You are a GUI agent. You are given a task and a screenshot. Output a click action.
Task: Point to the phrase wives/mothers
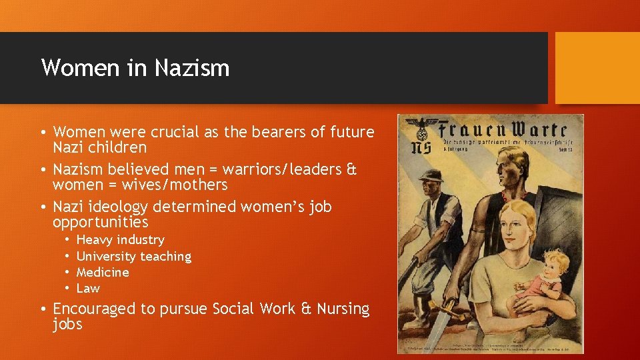click(x=174, y=184)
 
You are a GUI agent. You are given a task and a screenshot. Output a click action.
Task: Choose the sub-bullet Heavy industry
click(x=120, y=239)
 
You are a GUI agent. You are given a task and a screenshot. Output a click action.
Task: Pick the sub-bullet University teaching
click(x=133, y=256)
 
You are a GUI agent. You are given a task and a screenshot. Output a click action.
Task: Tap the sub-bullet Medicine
click(x=103, y=272)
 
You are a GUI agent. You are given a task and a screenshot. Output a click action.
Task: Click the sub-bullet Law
click(x=88, y=288)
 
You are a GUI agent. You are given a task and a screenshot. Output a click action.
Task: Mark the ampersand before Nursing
click(x=306, y=309)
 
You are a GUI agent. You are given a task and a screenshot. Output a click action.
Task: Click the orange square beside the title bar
click(x=597, y=68)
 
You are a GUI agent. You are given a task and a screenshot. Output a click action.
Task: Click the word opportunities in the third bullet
click(x=100, y=221)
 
